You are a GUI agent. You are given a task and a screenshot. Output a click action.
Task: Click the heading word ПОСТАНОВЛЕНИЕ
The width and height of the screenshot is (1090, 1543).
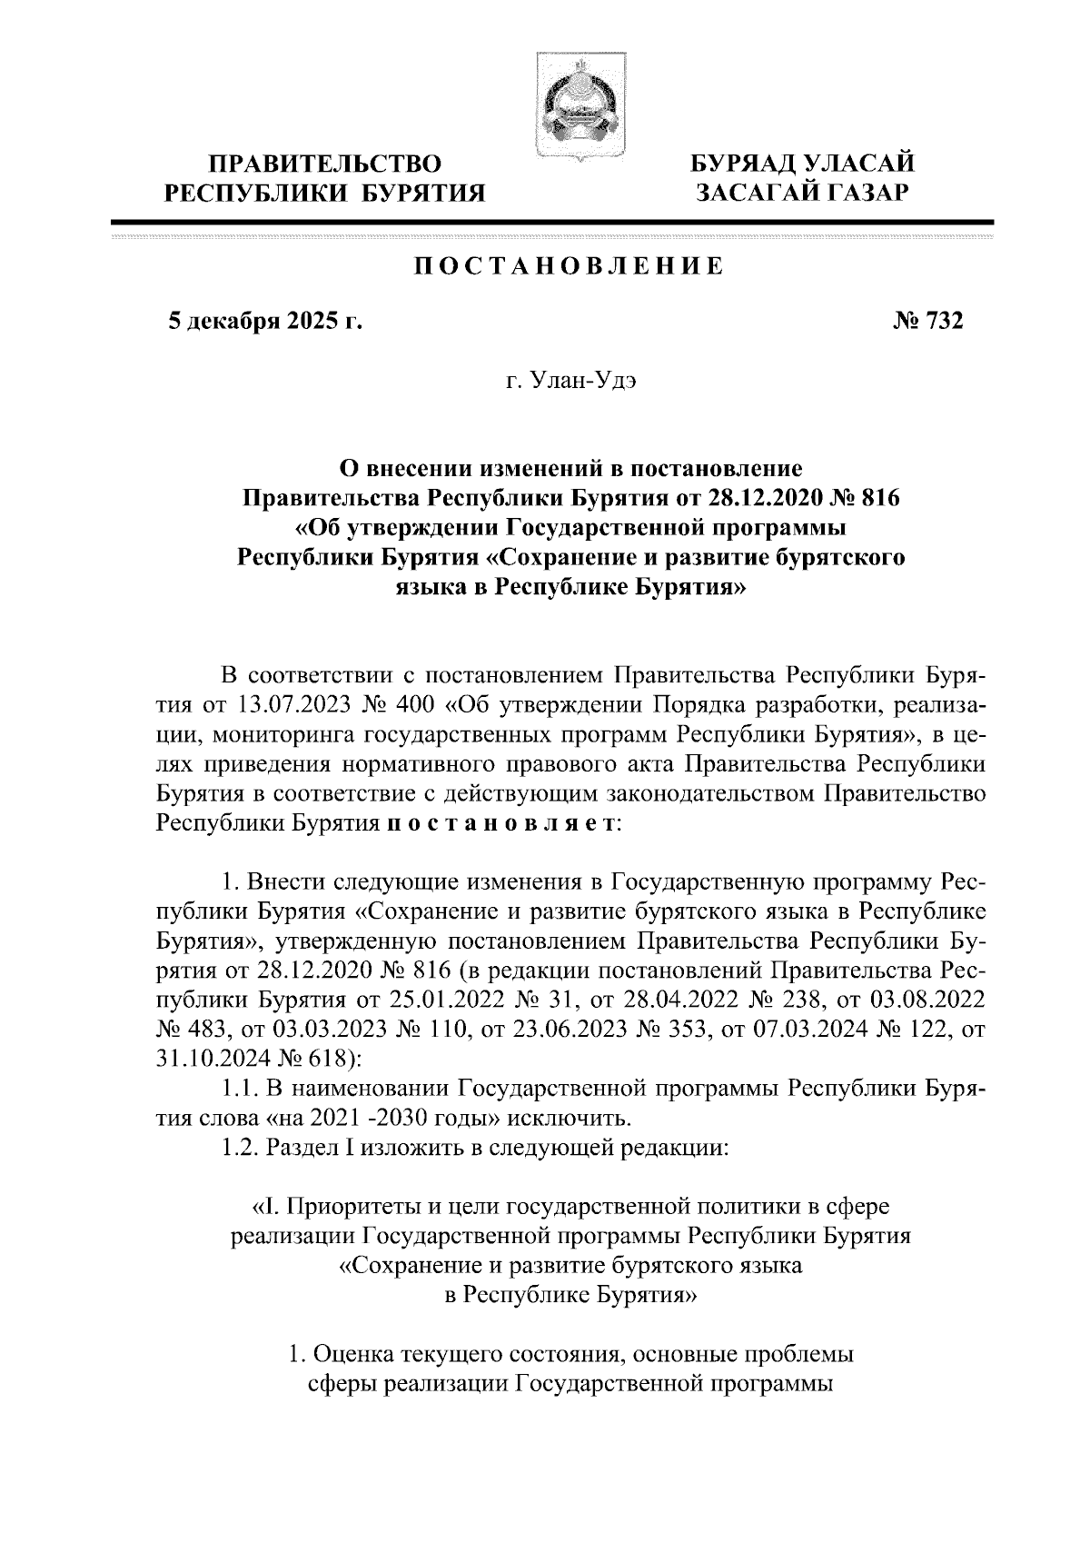click(x=570, y=267)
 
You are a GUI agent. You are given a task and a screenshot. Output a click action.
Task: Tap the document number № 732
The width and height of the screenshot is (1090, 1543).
click(x=928, y=321)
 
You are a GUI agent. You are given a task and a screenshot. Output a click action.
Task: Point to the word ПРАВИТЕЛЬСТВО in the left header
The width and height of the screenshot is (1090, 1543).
click(x=325, y=164)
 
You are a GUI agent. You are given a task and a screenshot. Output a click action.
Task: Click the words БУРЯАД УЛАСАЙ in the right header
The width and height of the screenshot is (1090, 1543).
click(x=802, y=164)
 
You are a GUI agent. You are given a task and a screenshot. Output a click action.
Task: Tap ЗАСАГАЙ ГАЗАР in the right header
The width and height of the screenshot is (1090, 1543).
click(x=802, y=193)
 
